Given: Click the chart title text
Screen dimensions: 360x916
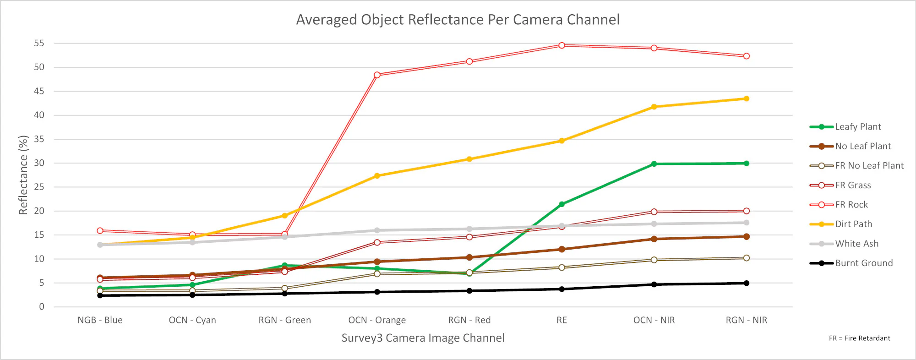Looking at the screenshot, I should tap(458, 20).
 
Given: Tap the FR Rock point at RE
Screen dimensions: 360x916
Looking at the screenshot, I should tap(562, 45).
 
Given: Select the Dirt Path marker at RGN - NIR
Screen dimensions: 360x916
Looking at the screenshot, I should tap(746, 98).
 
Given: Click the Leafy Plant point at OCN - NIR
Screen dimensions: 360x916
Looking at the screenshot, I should tap(654, 164).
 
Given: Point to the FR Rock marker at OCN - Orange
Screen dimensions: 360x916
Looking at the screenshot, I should tap(377, 75).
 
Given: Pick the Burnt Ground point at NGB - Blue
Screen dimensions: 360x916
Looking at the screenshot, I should tap(100, 295).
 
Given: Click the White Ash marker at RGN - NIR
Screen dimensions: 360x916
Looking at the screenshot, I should tap(746, 223).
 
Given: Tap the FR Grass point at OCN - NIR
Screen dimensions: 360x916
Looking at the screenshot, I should tap(654, 212).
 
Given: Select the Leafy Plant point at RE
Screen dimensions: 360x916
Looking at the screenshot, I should tap(562, 204).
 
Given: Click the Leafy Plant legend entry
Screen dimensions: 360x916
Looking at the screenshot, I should tap(857, 127).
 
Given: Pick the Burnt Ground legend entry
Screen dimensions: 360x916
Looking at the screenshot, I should tap(863, 263).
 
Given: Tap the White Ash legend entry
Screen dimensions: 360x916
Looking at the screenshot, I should tap(856, 244).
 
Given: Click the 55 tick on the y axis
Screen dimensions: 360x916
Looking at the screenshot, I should tap(39, 44).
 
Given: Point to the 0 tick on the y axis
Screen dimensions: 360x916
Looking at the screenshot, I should tap(42, 307).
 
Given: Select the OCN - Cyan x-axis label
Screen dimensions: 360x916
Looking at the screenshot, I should tap(192, 320).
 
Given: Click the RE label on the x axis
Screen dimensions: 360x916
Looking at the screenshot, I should tap(562, 320).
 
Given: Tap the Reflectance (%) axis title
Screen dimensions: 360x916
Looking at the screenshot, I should tap(23, 175).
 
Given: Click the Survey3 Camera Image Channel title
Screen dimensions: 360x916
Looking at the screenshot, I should tap(423, 338).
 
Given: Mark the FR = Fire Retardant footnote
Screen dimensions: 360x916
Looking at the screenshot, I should tap(859, 338).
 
